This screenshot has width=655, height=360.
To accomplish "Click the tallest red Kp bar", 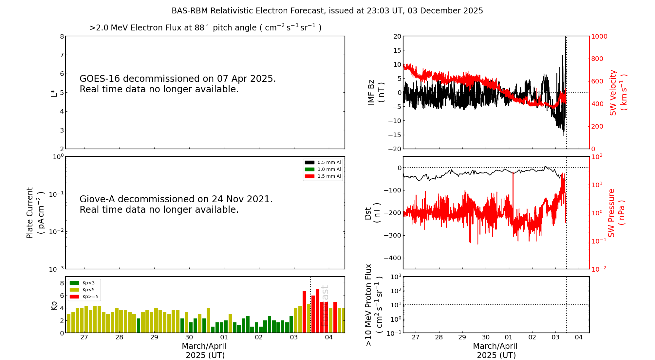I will click(317, 310).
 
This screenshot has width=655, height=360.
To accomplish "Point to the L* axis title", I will click(54, 93).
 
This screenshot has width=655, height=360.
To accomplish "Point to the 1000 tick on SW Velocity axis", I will click(599, 36).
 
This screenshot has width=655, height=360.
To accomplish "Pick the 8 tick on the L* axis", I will click(62, 36).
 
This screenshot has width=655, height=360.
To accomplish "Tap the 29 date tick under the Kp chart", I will click(154, 337).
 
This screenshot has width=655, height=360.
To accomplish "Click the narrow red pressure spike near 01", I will click(513, 196).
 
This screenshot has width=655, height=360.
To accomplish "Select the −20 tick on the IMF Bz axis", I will click(395, 149).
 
